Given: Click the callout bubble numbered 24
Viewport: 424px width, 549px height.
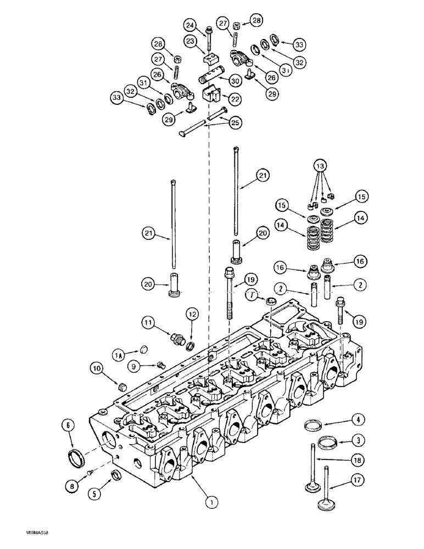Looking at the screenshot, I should pos(191,25).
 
